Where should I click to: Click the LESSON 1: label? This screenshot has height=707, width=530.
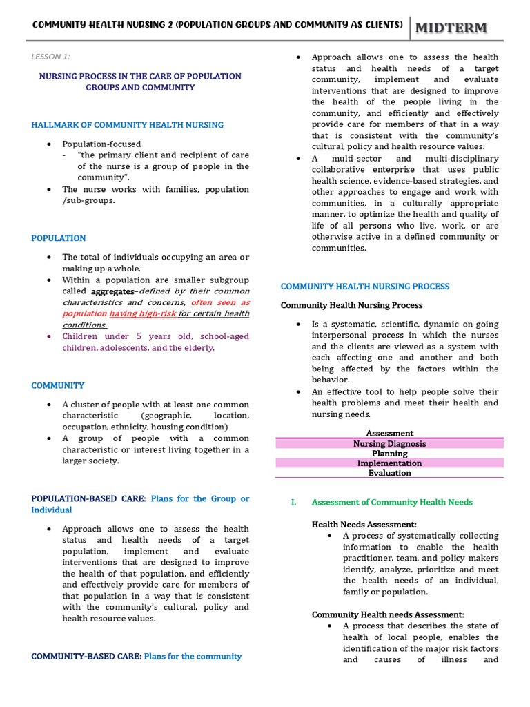pyautogui.click(x=50, y=57)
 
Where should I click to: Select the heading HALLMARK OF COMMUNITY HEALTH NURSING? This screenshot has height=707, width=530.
pyautogui.click(x=127, y=125)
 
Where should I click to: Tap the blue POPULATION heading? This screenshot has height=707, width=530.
pyautogui.click(x=59, y=238)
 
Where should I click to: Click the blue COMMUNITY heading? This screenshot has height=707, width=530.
pyautogui.click(x=58, y=385)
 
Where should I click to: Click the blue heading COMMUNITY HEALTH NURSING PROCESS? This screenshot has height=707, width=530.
pyautogui.click(x=365, y=286)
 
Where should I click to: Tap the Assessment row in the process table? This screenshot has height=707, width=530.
pyautogui.click(x=390, y=434)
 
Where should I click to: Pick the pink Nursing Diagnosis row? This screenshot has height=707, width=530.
pyautogui.click(x=390, y=444)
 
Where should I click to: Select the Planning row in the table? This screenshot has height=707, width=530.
pyautogui.click(x=390, y=454)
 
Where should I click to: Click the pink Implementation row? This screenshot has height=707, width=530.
pyautogui.click(x=390, y=463)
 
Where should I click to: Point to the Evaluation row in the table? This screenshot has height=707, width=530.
pyautogui.click(x=390, y=473)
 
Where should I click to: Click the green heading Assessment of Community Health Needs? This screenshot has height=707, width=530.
pyautogui.click(x=392, y=502)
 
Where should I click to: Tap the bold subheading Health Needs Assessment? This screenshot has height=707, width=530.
pyautogui.click(x=364, y=525)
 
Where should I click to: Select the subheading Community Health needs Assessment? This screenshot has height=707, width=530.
pyautogui.click(x=388, y=614)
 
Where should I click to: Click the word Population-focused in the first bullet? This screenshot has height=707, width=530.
pyautogui.click(x=101, y=144)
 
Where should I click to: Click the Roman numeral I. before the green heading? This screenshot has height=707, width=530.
pyautogui.click(x=293, y=502)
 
